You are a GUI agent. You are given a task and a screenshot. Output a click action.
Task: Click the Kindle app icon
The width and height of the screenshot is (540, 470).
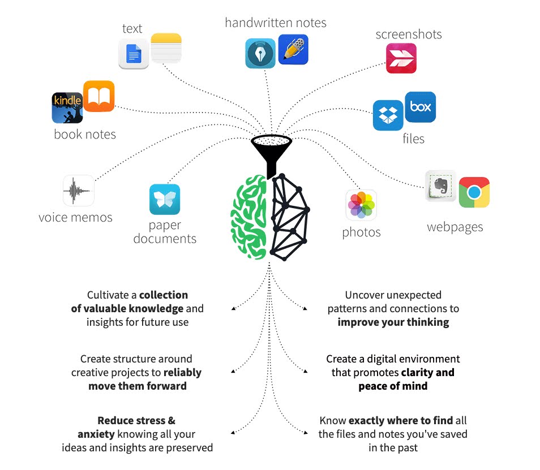[67, 107]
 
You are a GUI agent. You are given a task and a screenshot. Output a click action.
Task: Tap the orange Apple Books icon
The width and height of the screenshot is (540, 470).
[99, 96]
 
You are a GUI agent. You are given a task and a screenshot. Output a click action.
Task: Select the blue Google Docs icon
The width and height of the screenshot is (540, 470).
[134, 54]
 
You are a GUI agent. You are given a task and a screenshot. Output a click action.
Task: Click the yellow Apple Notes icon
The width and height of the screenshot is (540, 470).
[166, 48]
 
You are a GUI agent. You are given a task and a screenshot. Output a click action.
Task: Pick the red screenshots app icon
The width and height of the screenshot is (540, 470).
[401, 58]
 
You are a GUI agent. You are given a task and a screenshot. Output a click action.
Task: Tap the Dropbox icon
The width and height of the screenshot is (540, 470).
[388, 115]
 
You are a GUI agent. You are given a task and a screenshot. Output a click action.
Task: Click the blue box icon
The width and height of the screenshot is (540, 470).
[421, 107]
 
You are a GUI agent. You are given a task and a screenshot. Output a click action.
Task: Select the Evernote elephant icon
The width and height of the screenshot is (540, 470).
[441, 186]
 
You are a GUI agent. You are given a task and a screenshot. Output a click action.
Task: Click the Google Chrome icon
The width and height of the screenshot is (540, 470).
[474, 192]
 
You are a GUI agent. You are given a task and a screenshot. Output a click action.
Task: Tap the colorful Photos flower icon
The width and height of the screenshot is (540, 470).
[361, 205]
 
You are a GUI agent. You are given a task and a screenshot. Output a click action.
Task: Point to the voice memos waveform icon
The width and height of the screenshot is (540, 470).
[79, 191]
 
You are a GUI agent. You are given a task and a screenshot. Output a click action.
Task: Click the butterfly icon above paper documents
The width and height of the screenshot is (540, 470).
[165, 200]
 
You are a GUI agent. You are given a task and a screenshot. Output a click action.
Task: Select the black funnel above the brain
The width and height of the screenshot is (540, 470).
[272, 152]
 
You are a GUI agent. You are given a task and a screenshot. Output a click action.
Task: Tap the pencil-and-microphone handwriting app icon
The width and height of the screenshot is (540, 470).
[293, 50]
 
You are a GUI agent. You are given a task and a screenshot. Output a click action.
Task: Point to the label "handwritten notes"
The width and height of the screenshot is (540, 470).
[276, 23]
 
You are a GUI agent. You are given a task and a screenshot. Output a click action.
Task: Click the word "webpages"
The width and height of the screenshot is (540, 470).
[455, 227]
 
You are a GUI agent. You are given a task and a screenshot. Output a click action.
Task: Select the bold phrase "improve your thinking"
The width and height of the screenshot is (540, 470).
[393, 322]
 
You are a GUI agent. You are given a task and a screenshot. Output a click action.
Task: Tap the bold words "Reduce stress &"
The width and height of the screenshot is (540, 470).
[136, 420]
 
